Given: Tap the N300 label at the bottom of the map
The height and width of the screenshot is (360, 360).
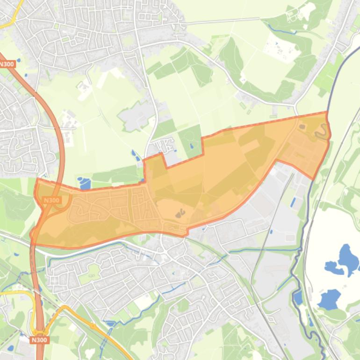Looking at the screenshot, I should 40,340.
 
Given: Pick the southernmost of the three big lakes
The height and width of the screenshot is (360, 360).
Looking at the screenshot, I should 329,298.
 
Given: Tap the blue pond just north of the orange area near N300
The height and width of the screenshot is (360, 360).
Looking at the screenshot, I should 85,183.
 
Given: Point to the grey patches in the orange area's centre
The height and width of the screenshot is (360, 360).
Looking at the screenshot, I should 180,214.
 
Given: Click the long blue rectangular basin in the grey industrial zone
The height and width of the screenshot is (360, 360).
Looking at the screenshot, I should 293,202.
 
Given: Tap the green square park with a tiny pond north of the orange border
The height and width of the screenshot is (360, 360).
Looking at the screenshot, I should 192,140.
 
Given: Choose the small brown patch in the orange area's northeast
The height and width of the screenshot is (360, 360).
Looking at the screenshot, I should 302,126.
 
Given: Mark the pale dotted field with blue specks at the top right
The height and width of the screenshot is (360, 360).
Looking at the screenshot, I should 281,48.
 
